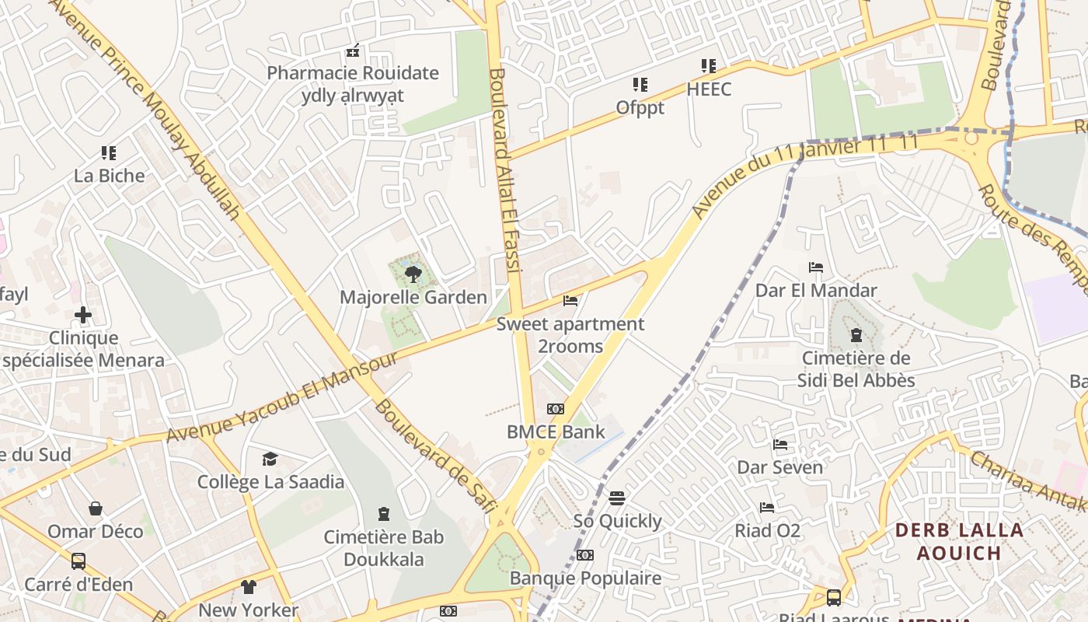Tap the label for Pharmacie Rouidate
pos(353,74)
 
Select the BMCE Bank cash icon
pos(556,409)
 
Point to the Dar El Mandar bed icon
pos(816,267)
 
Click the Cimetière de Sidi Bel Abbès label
pos(856,369)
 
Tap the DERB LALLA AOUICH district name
pos(959,542)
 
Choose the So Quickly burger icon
pos(617,498)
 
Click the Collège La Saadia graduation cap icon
pos(270,459)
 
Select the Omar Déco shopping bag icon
pos(95,508)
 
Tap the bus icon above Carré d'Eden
pos(78,561)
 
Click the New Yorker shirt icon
pos(248,587)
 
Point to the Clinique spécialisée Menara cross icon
pos(83,315)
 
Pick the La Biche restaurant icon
pos(109,153)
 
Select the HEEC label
pos(709,89)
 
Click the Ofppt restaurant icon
pos(640,84)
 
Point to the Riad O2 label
pos(768,531)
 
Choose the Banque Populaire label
pos(585,578)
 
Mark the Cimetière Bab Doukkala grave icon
pos(383,514)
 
